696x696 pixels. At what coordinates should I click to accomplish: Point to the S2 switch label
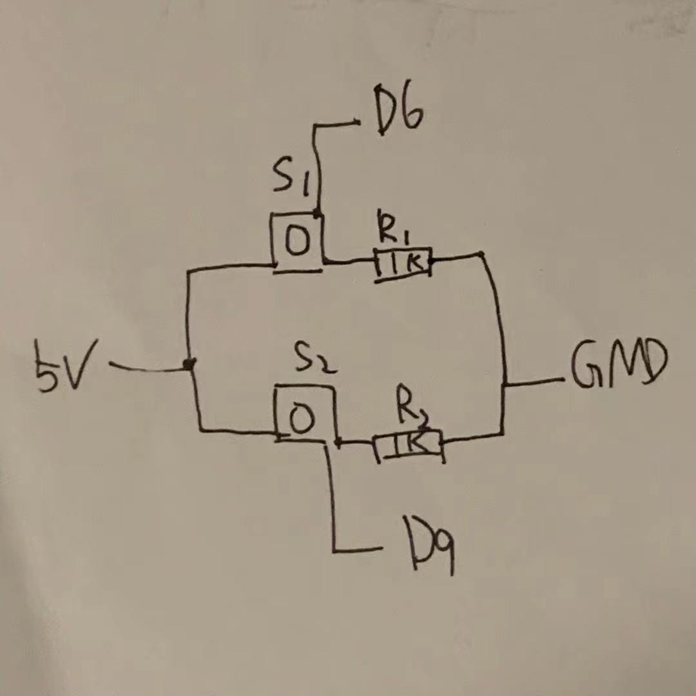[316, 361]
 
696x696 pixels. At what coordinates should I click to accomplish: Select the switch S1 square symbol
[296, 242]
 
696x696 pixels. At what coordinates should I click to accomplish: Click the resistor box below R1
[402, 264]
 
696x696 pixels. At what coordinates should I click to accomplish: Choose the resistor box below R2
[409, 445]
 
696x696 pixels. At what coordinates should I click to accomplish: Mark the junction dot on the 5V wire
[189, 365]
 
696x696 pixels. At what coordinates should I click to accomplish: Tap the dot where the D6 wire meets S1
[318, 212]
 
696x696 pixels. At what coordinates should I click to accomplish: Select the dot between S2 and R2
[338, 442]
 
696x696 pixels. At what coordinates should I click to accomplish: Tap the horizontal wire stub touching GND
[535, 383]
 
